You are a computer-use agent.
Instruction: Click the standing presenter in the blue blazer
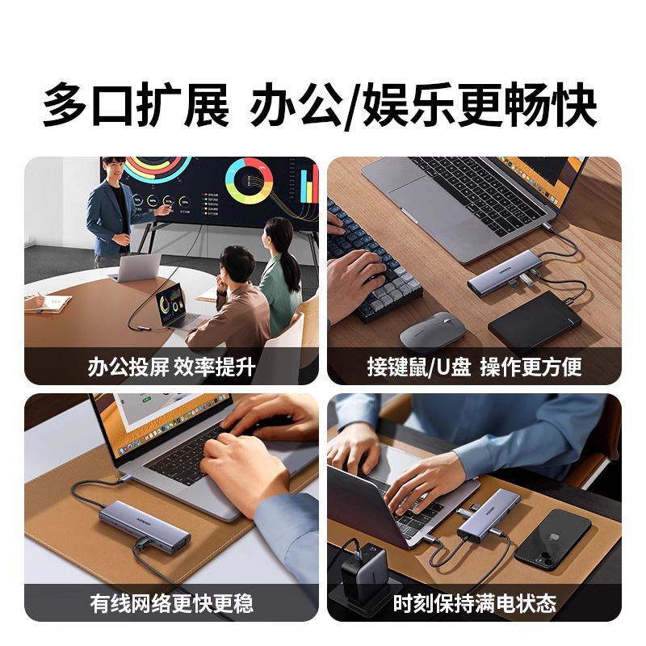(111, 212)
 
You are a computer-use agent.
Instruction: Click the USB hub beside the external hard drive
(501, 283)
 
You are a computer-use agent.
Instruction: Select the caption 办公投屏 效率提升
(171, 367)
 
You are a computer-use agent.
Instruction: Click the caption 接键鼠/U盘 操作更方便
(474, 367)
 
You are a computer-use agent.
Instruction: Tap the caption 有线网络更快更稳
(171, 603)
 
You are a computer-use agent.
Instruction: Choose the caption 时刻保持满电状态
(474, 603)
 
